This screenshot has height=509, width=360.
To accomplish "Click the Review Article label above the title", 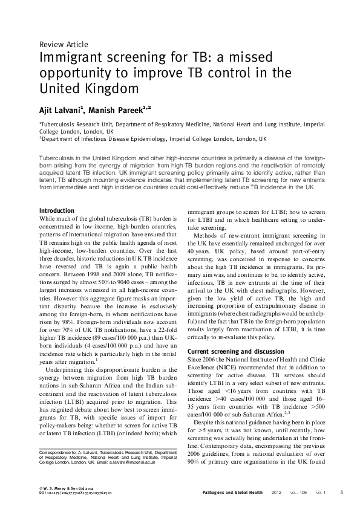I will (x=64, y=45).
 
